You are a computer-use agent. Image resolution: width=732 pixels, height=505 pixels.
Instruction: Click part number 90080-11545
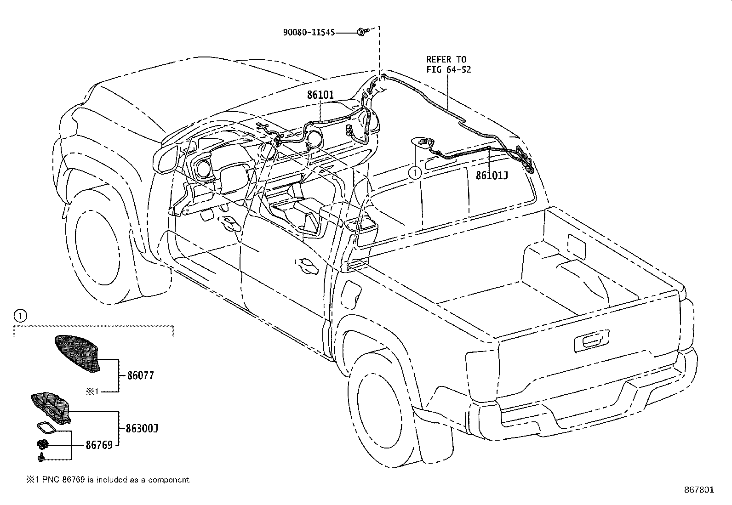point(309,33)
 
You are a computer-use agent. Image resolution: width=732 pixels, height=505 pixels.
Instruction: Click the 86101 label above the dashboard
point(320,95)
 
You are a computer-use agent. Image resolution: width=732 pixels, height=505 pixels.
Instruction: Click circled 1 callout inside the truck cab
point(414,172)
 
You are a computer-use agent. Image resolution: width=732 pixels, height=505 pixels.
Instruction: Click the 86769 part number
point(99,445)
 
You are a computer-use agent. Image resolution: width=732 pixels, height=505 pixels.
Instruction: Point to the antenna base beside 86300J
point(50,406)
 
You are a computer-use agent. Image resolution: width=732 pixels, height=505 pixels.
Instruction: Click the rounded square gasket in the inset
point(46,427)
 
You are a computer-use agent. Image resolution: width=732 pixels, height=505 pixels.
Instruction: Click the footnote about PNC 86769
point(107,480)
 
